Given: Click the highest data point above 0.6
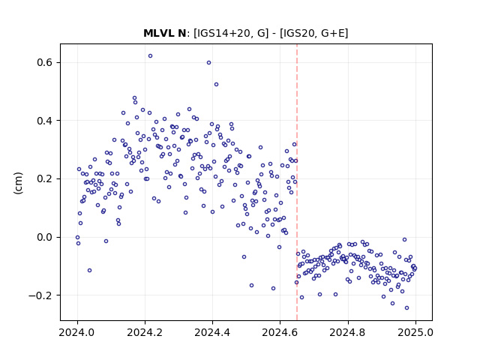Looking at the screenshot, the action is coord(150,56).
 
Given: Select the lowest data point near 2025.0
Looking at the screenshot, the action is coord(406,308).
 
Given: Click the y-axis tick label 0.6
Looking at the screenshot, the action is coord(45,63).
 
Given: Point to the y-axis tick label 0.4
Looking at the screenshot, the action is coord(45,121).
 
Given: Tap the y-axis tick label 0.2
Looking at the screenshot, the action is coord(45,179).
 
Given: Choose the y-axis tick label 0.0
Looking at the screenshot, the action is coord(45,237).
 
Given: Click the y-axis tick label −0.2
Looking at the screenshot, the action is coord(40,295).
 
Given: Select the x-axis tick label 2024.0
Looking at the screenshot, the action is coord(77,332).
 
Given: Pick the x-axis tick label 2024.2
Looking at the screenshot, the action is coord(145,332).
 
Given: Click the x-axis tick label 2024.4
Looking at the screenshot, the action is coord(212,332).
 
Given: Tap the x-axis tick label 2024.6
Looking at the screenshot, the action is coord(280,332).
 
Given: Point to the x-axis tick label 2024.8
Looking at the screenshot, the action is coord(348,332).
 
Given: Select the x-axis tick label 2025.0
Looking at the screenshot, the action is coord(415,332).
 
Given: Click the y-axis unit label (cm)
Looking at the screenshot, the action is coord(18,183).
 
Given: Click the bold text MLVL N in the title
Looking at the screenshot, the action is coord(165,33).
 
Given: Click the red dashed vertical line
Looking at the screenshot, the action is coord(297,182).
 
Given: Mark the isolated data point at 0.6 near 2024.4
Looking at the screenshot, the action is coord(208,63).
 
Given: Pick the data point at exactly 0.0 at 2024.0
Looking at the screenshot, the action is coord(77,237).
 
